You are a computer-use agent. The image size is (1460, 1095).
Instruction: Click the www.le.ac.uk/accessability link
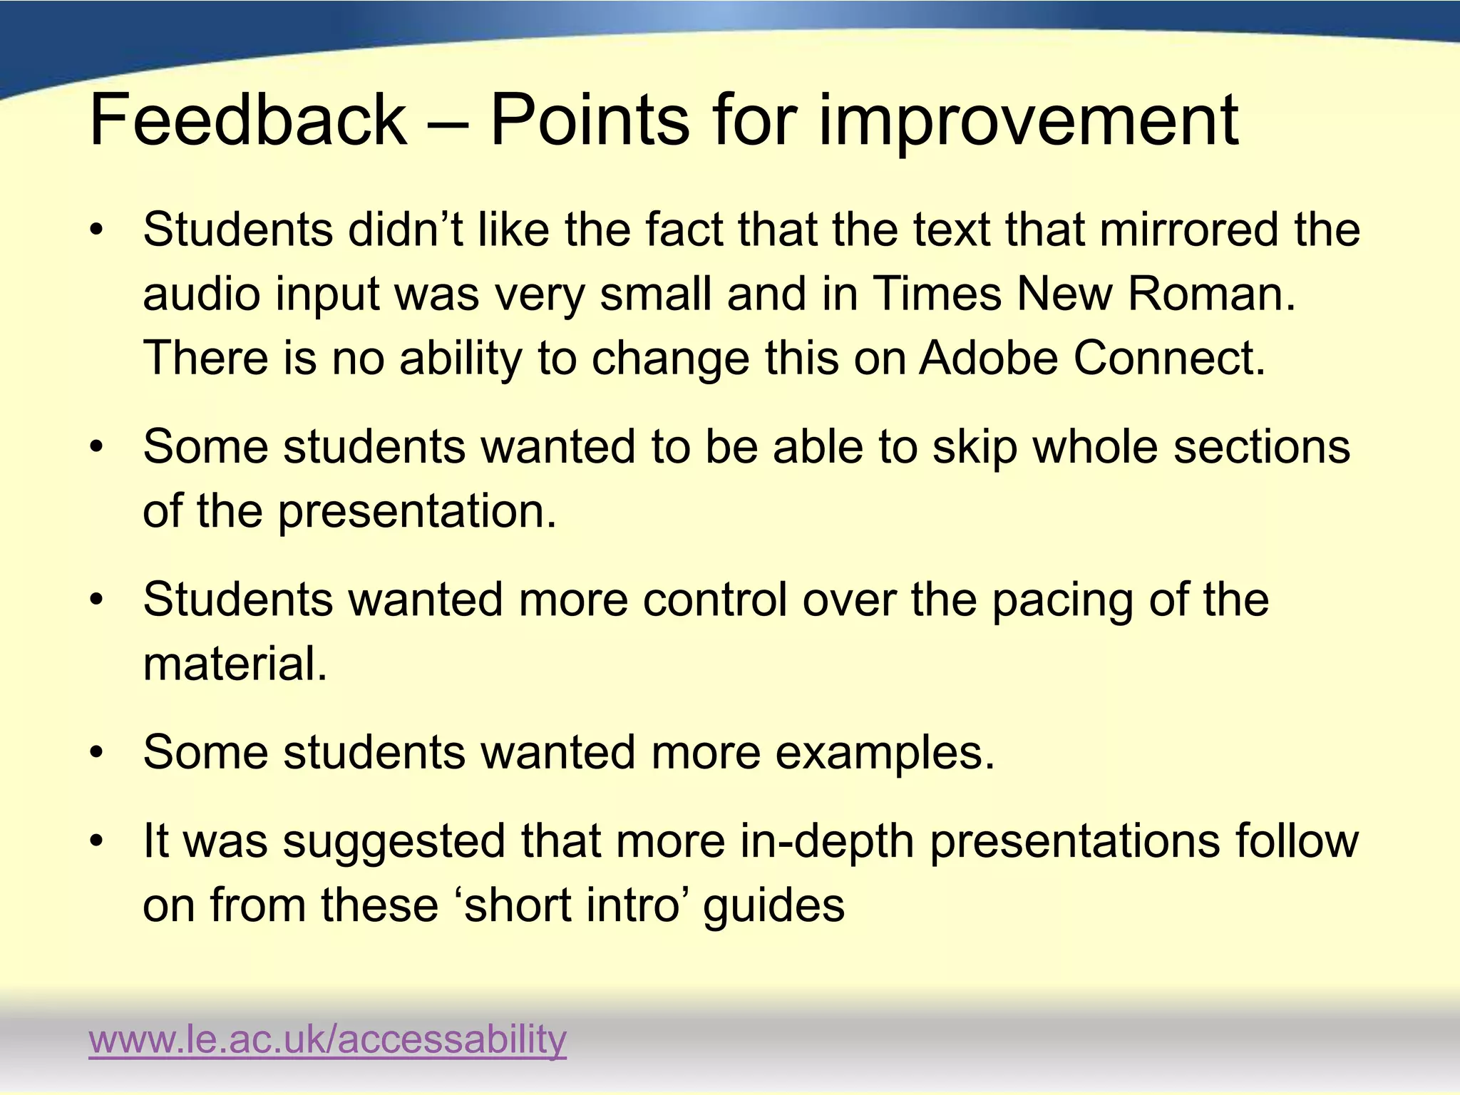(327, 1039)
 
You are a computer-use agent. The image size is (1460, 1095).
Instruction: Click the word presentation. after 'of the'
(417, 512)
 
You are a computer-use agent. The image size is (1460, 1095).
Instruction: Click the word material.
(235, 663)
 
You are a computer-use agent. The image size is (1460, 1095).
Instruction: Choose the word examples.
(884, 754)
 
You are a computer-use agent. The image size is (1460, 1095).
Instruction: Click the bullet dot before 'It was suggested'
(97, 841)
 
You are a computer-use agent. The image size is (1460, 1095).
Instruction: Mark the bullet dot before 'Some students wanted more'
(97, 753)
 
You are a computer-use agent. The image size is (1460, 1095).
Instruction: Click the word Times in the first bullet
(937, 294)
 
